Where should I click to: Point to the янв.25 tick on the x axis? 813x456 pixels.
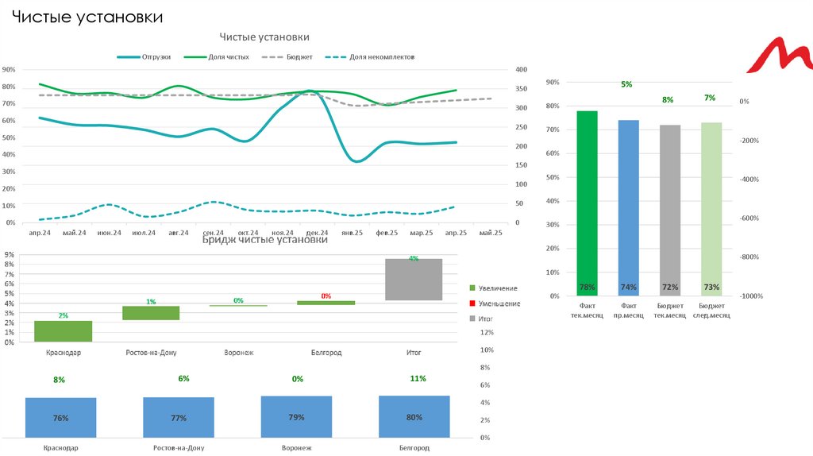pos(352,233)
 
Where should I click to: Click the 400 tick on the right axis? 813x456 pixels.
pos(521,69)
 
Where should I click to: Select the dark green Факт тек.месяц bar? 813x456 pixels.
pos(588,203)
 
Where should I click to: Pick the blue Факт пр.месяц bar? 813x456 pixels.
pos(629,207)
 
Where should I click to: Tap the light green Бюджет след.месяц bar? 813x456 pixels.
pos(711,209)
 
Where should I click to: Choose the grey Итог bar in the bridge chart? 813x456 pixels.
pos(414,279)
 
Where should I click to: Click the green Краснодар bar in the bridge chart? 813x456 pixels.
pos(63,331)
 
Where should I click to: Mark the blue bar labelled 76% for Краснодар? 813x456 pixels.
pos(60,418)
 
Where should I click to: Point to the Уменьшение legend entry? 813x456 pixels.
pos(499,303)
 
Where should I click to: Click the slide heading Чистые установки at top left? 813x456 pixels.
pos(87,16)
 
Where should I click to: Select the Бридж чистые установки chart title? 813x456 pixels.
pos(264,239)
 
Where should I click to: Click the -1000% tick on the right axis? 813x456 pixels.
pos(751,296)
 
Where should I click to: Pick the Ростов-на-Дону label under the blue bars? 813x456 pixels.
pos(179,448)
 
